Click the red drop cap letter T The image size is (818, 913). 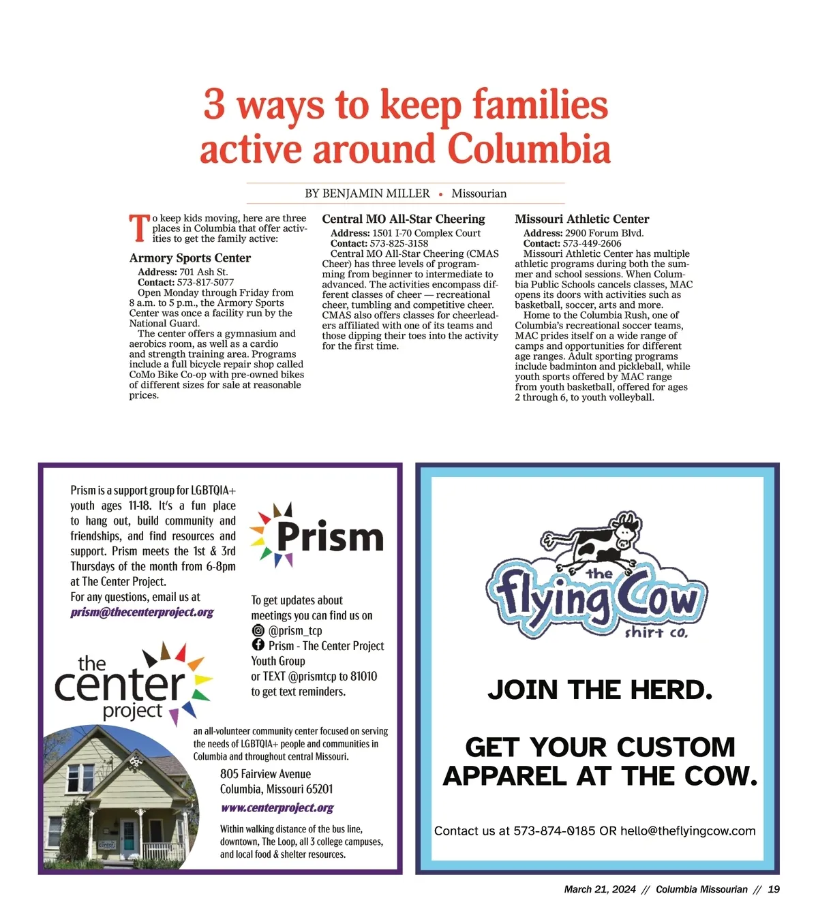pyautogui.click(x=139, y=228)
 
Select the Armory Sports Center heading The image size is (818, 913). pyautogui.click(x=190, y=258)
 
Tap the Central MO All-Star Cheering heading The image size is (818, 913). pyautogui.click(x=404, y=219)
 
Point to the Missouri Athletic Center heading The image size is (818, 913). pyautogui.click(x=581, y=219)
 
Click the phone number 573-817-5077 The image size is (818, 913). pyautogui.click(x=205, y=282)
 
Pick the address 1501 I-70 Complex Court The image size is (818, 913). pyautogui.click(x=426, y=233)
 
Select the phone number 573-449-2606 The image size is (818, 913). pyautogui.click(x=592, y=243)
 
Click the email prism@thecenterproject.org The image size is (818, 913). pyautogui.click(x=142, y=612)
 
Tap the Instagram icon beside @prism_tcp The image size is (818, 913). pyautogui.click(x=258, y=630)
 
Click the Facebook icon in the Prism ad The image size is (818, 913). pyautogui.click(x=258, y=645)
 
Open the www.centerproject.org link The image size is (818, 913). pyautogui.click(x=277, y=808)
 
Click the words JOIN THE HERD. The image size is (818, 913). pyautogui.click(x=600, y=690)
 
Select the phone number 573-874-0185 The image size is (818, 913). pyautogui.click(x=554, y=831)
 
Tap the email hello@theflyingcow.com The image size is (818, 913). pyautogui.click(x=688, y=831)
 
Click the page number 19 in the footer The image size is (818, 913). pyautogui.click(x=774, y=889)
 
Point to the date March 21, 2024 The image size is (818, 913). pyautogui.click(x=600, y=889)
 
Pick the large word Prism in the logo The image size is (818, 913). pyautogui.click(x=330, y=538)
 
